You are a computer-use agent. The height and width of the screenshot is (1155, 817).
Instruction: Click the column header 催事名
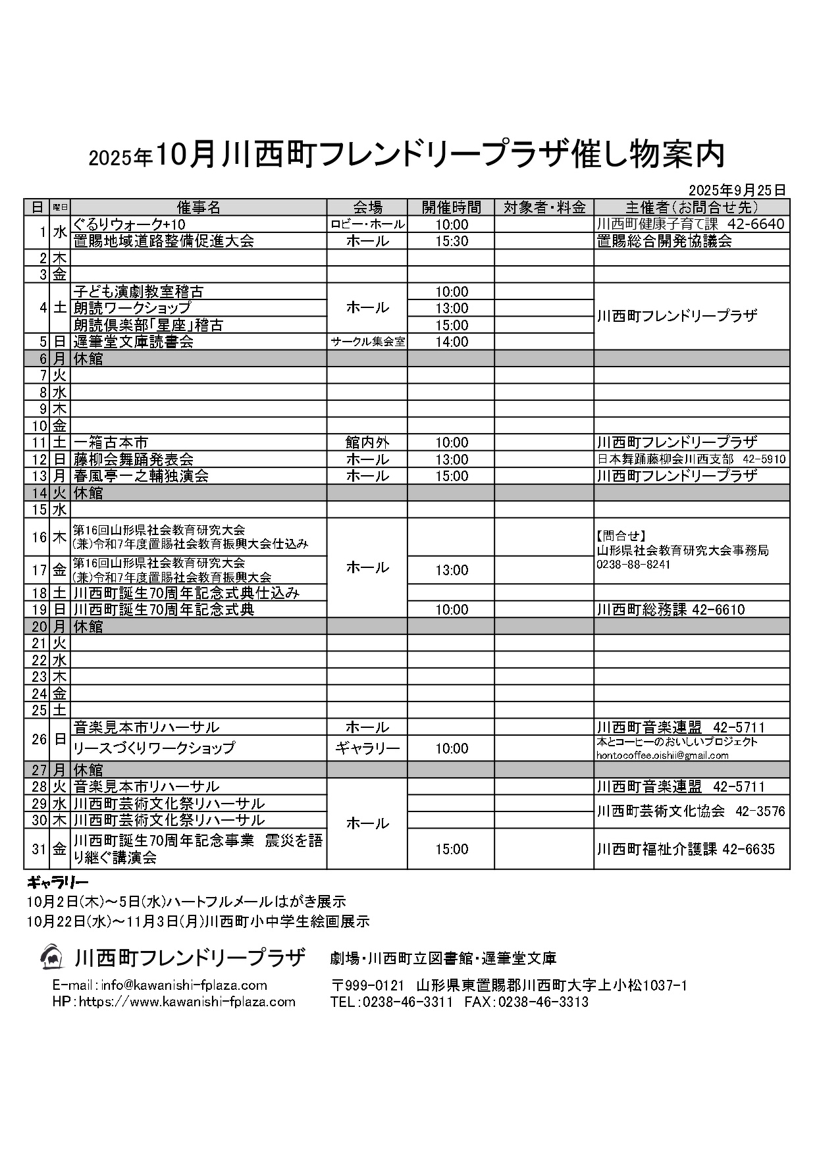point(199,207)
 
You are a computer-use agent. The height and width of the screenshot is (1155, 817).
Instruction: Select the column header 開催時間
point(451,207)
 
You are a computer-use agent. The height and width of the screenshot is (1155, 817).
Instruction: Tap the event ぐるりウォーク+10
point(130,224)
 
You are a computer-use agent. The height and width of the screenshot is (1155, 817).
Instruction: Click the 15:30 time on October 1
point(452,241)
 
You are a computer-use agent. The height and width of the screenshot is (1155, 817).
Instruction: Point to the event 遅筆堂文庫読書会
point(134,342)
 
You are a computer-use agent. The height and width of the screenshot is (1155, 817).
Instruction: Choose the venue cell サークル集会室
point(367,342)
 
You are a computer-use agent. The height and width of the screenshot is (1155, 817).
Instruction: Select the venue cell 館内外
point(367,442)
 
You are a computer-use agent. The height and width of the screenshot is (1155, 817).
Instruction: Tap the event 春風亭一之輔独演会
point(142,476)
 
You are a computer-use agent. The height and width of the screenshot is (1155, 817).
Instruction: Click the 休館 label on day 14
point(88,493)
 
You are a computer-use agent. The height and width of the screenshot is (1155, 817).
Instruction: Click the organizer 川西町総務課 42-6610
point(671,609)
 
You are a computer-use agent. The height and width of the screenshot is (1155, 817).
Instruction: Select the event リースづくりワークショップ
point(154,748)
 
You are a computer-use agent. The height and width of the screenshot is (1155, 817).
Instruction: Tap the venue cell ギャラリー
point(367,748)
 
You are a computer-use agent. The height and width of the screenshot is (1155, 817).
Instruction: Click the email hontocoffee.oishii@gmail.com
point(662,756)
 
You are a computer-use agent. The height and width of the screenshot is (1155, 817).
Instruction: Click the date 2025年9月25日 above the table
point(737,190)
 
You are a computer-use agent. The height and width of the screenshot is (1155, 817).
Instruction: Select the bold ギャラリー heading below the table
point(58,883)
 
